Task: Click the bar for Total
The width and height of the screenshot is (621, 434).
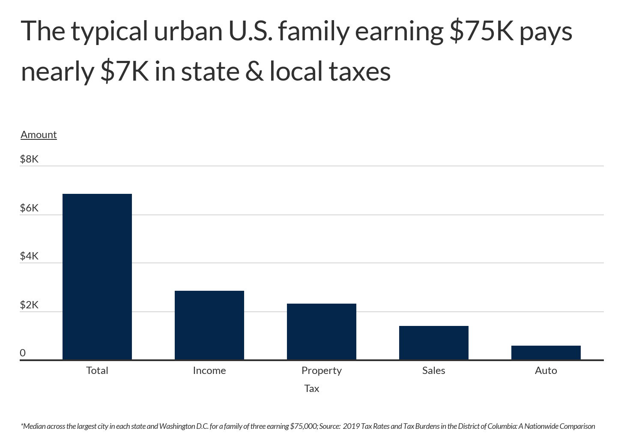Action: (x=97, y=277)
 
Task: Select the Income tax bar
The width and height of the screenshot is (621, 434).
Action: (x=209, y=325)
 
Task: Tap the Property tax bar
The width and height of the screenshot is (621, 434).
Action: (x=322, y=332)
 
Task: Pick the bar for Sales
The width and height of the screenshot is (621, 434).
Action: (x=434, y=343)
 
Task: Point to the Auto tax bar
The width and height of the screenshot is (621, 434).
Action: (x=546, y=353)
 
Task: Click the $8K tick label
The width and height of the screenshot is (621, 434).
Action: (x=29, y=159)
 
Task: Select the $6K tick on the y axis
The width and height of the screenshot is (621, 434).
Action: (x=29, y=208)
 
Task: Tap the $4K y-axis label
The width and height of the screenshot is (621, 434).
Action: (x=29, y=256)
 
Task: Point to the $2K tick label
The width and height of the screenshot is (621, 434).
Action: (x=29, y=305)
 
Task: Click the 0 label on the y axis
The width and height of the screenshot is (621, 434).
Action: (x=23, y=353)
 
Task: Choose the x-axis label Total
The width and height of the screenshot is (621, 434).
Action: (x=97, y=371)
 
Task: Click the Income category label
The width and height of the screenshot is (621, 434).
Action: (x=209, y=371)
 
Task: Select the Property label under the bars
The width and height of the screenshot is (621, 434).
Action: (x=322, y=371)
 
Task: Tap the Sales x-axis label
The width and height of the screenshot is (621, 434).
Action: (x=434, y=371)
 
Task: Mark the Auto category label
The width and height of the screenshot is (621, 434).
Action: (x=546, y=371)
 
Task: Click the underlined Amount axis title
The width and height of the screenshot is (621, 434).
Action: (x=39, y=135)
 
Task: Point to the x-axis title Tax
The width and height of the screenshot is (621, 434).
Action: (x=312, y=389)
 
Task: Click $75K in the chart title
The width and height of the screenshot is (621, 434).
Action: (x=481, y=31)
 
